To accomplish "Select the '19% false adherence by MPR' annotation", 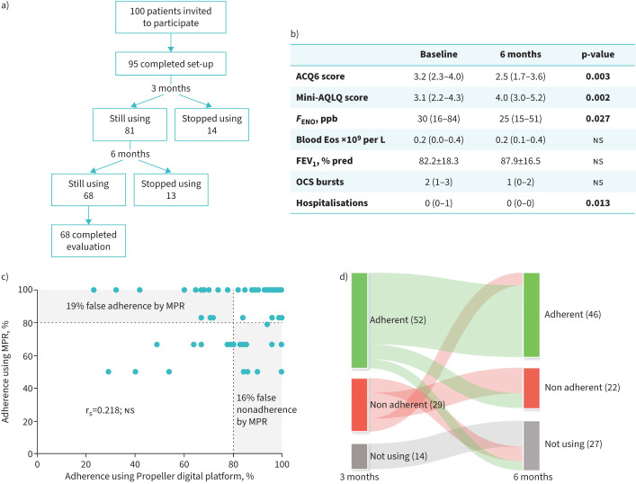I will (x=122, y=306).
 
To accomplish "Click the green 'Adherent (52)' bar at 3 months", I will (x=359, y=318).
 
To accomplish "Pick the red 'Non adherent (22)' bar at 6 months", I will (x=531, y=389).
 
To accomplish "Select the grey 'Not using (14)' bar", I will (x=359, y=456).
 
